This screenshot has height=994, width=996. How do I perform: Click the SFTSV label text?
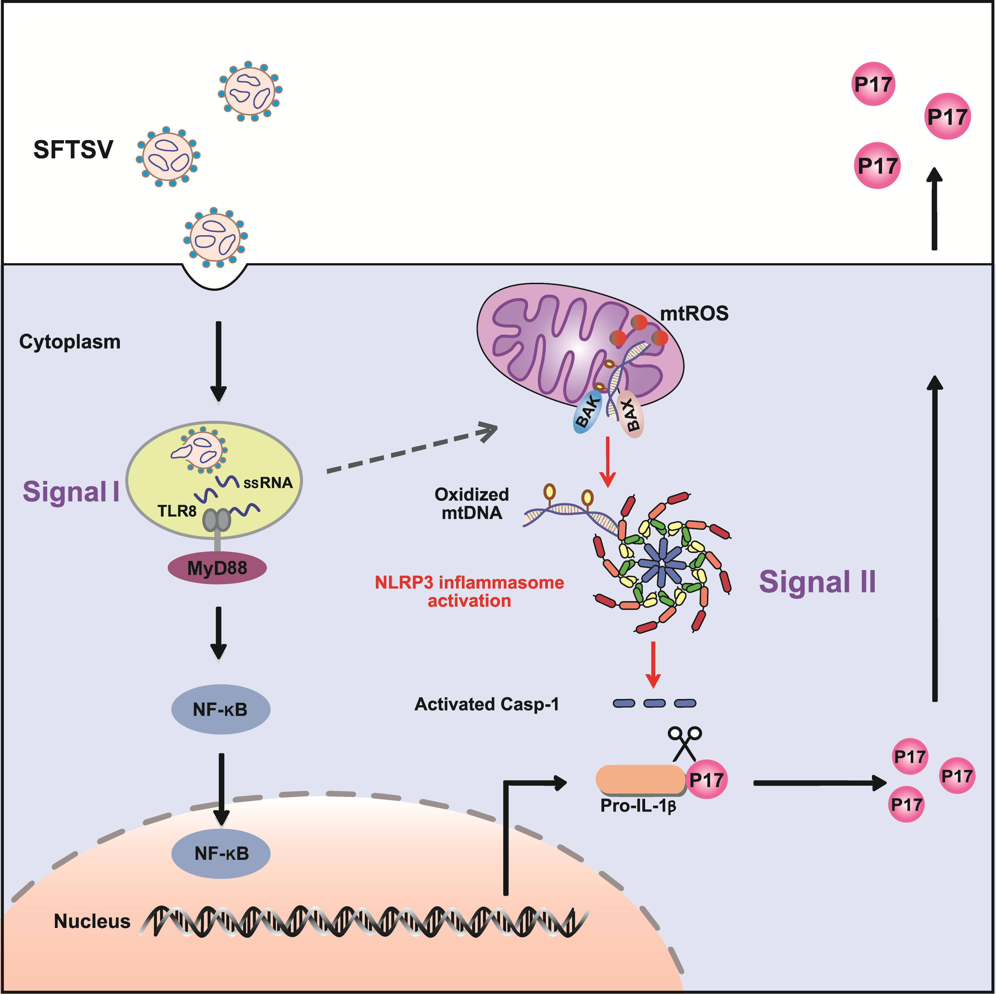pos(73,150)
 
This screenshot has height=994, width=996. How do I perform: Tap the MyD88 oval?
pos(217,568)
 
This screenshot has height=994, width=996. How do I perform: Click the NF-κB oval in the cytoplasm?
pos(221,710)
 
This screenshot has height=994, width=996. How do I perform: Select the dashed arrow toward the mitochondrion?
pos(412,448)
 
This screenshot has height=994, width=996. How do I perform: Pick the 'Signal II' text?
pos(817,582)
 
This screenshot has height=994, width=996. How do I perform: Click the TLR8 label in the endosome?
pos(177,511)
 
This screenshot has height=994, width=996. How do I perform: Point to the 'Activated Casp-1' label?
pos(487,704)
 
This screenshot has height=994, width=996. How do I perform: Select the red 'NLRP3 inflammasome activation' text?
pos(469,591)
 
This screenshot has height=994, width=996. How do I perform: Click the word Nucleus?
pos(92,921)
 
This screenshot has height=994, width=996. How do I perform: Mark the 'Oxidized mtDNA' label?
pos(472,503)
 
